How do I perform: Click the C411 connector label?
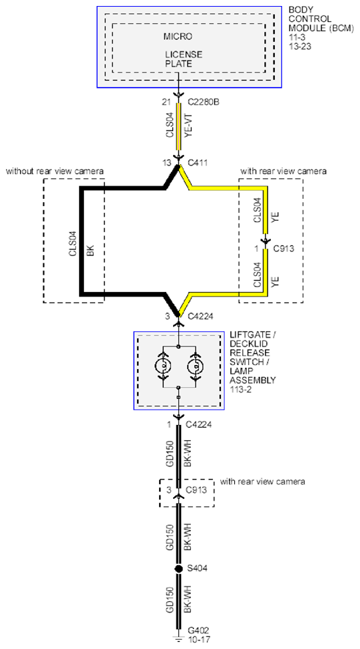click(198, 163)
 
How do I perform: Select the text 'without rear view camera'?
click(55, 171)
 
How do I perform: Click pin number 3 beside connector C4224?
click(168, 317)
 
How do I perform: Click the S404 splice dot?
click(178, 569)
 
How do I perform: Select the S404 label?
click(198, 569)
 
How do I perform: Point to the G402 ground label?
click(198, 632)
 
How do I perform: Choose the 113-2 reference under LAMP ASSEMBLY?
click(239, 388)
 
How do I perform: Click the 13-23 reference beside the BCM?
click(299, 47)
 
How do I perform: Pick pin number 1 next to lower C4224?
click(168, 424)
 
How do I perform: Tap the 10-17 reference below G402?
click(198, 640)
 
